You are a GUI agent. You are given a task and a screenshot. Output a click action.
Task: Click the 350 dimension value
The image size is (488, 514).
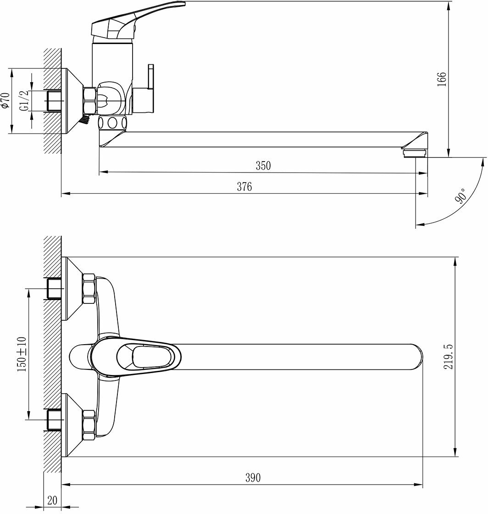[263, 166]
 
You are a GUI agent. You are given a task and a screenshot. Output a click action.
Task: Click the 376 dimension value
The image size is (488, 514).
[244, 187]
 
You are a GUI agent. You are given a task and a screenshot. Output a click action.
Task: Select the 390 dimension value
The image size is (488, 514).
[252, 478]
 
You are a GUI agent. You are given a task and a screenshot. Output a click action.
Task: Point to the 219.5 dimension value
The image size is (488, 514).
[448, 357]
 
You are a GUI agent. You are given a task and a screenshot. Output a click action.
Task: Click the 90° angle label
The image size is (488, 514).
[460, 196]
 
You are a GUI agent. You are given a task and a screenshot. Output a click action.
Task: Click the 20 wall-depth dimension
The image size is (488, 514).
[52, 500]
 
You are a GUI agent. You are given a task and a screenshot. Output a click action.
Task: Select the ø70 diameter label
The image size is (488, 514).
[6, 101]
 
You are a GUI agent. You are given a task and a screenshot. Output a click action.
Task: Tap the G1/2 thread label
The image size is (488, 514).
[24, 101]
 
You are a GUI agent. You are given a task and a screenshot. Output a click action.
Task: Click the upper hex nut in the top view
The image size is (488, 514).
[89, 289]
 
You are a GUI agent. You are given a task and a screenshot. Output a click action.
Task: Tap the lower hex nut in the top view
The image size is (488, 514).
[89, 425]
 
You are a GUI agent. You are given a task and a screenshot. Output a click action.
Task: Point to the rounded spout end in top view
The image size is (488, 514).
[415, 357]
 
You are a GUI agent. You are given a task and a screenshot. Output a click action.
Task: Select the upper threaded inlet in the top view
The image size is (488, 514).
[55, 289]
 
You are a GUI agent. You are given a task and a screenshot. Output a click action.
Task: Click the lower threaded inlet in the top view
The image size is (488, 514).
[55, 420]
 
